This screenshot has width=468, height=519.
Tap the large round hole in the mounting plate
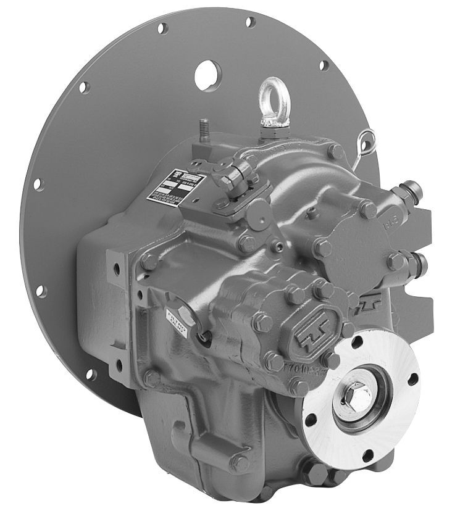207,76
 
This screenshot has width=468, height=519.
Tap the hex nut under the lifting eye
270,128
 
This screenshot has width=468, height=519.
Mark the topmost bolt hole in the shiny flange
356,341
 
